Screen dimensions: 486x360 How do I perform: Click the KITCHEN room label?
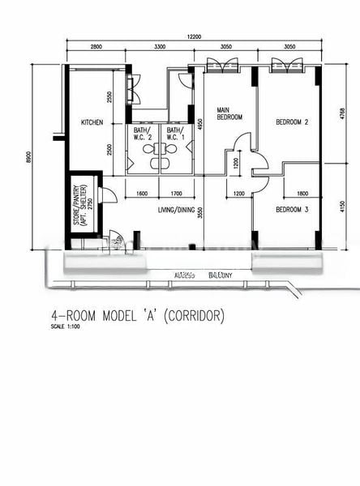click(92, 122)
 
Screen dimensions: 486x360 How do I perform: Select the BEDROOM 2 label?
click(292, 122)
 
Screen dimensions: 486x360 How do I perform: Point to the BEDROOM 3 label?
click(292, 210)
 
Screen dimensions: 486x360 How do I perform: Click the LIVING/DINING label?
click(178, 210)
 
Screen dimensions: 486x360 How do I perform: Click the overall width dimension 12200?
click(192, 36)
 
